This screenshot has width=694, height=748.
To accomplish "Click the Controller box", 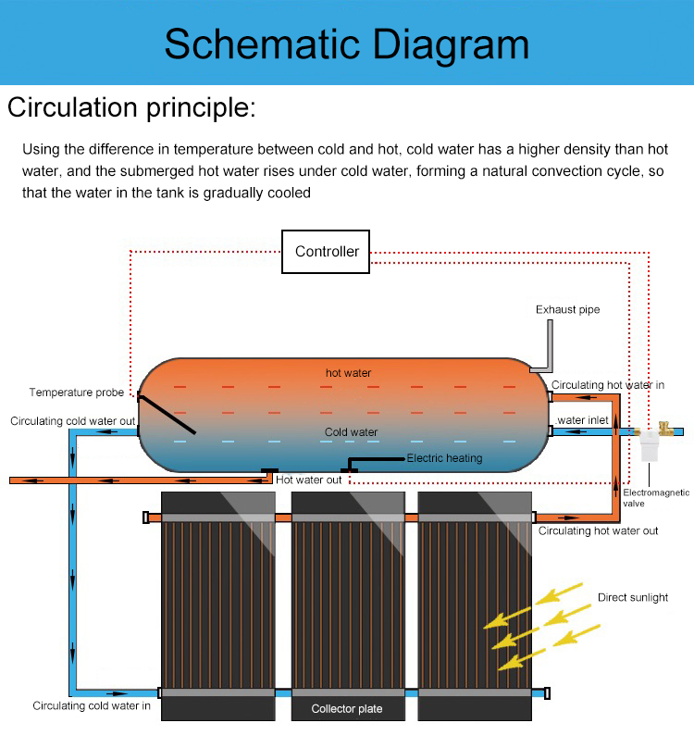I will click(327, 251).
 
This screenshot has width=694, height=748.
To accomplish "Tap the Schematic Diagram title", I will click(347, 44).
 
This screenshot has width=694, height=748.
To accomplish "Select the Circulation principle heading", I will click(130, 108).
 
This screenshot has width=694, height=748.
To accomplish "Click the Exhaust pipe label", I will click(568, 309).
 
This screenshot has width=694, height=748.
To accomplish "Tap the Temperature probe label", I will click(76, 393).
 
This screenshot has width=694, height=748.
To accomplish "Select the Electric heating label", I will click(444, 458).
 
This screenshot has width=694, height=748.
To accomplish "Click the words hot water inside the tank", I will click(348, 373).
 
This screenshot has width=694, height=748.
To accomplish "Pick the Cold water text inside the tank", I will click(351, 432).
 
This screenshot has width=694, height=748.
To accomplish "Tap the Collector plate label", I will click(347, 709).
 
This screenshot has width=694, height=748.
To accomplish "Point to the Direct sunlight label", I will click(633, 597).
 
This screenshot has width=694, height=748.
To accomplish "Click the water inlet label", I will click(583, 420).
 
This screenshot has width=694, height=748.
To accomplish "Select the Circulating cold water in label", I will click(92, 706).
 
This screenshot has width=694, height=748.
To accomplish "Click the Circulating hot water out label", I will click(598, 531).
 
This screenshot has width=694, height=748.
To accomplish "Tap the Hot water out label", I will click(309, 480).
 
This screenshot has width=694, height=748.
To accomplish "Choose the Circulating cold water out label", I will click(73, 421).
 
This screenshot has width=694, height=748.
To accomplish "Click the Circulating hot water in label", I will click(608, 385).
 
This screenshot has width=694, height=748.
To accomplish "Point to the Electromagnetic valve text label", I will click(655, 498).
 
